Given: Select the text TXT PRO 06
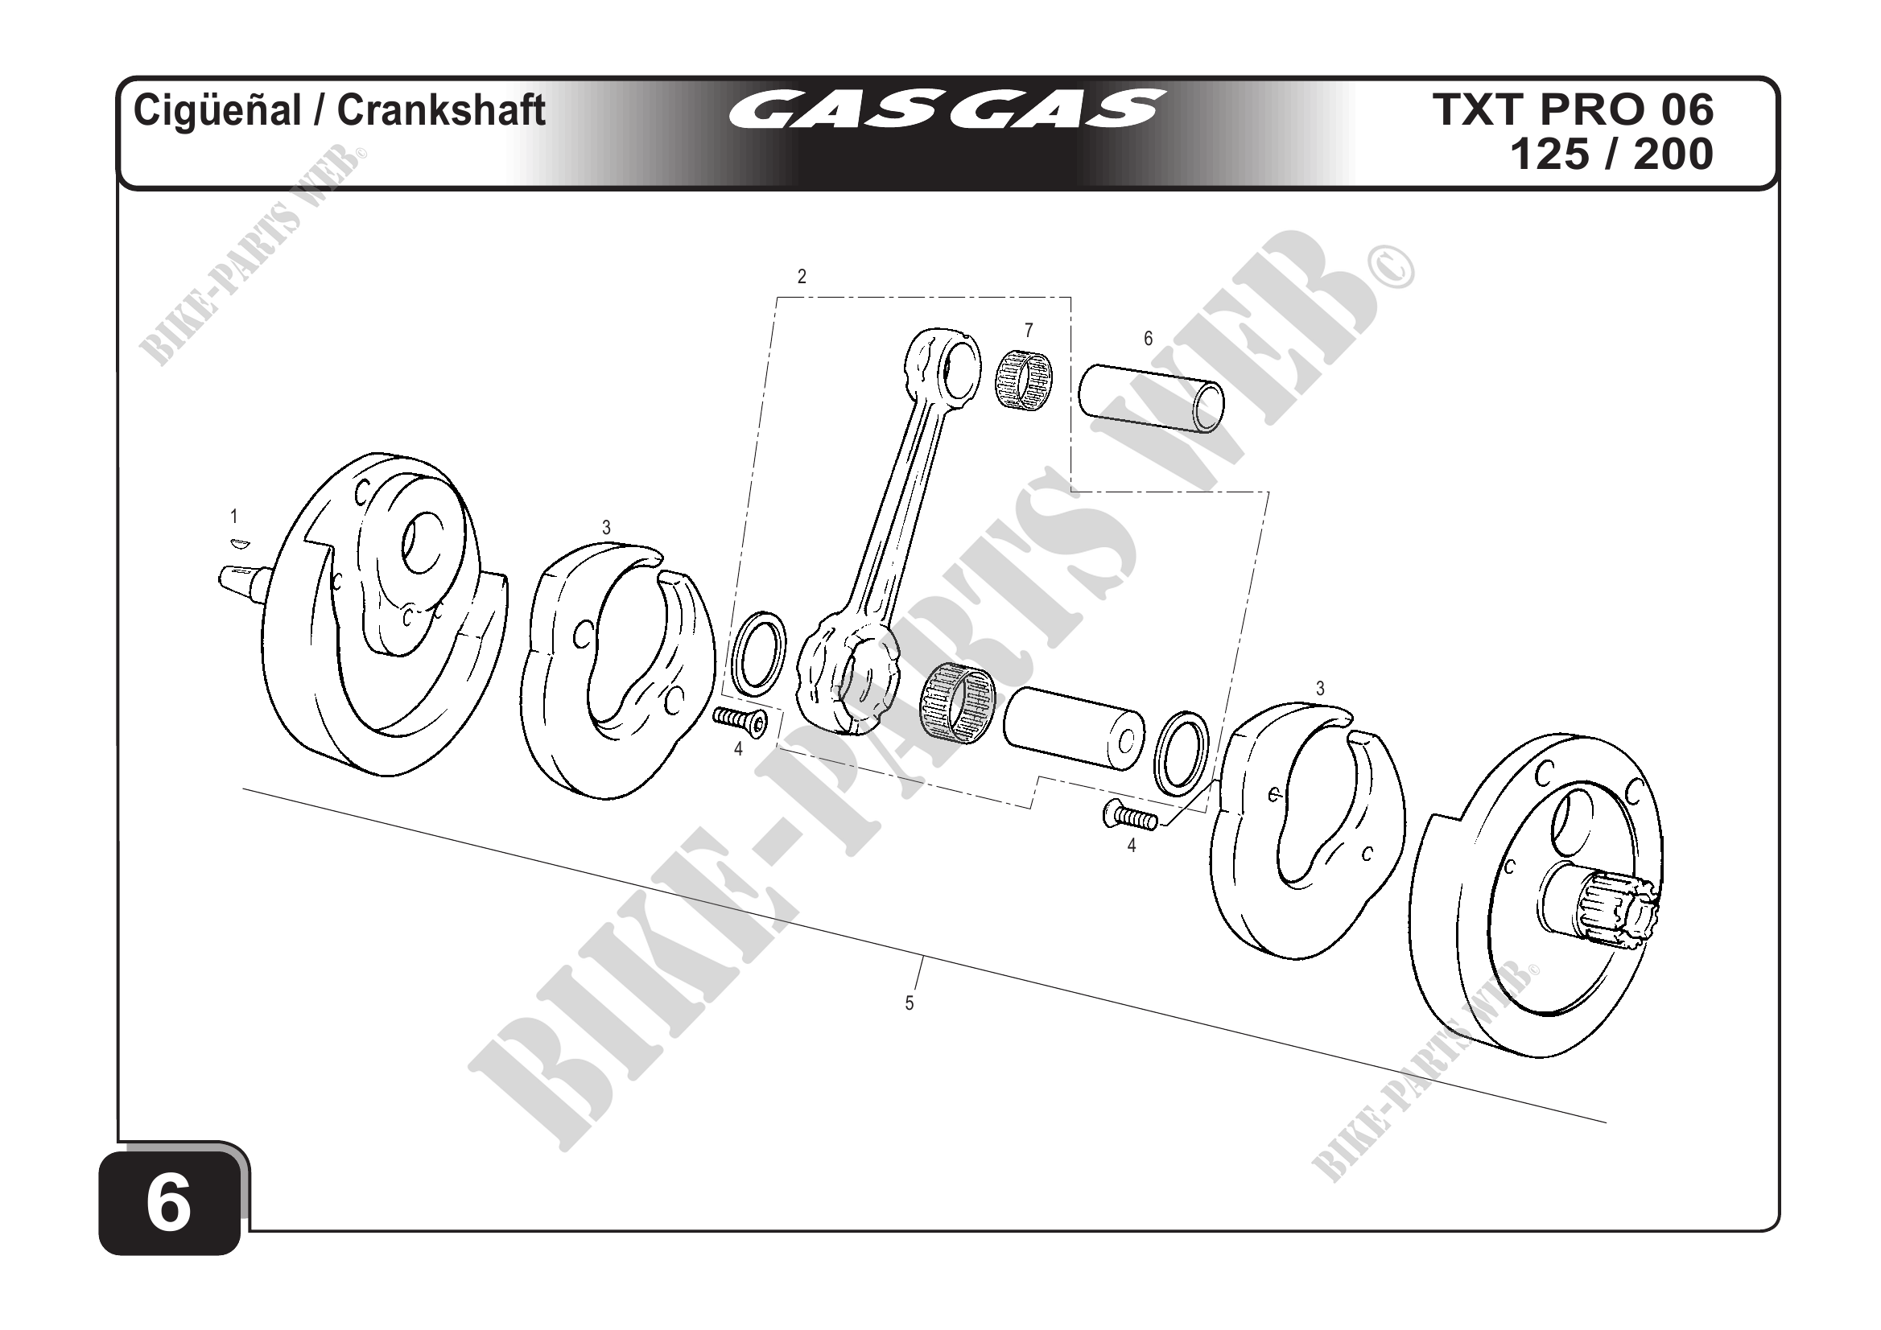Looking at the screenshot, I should pos(1572,109).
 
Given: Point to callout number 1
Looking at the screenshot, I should pos(234,517).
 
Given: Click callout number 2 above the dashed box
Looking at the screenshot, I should pos(801,277).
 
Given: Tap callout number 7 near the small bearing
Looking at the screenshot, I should pos(1028,330).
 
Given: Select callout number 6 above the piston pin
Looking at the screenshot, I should pos(1148,338).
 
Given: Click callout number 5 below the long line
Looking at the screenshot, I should pos(909,1003).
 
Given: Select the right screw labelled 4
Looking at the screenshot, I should pos(1129,816).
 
